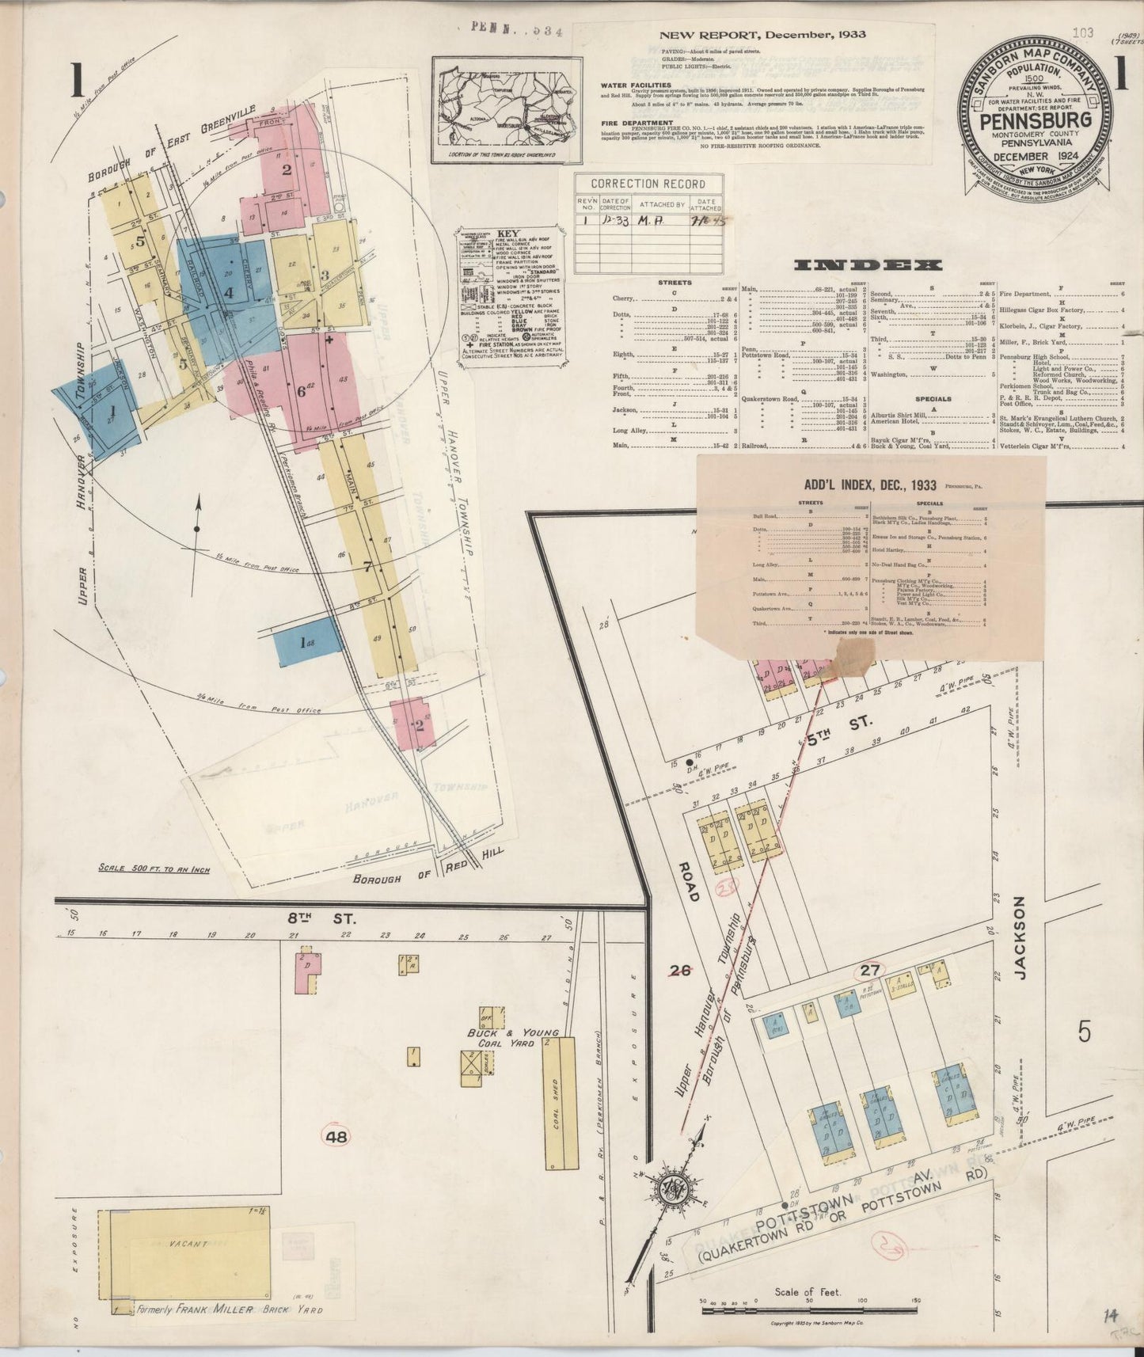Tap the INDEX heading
(x=868, y=265)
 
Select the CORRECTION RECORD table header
(x=648, y=184)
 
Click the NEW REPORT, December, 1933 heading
(x=762, y=35)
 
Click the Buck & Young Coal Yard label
(x=513, y=1037)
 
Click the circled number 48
(x=336, y=1136)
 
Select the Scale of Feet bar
(x=808, y=1309)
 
